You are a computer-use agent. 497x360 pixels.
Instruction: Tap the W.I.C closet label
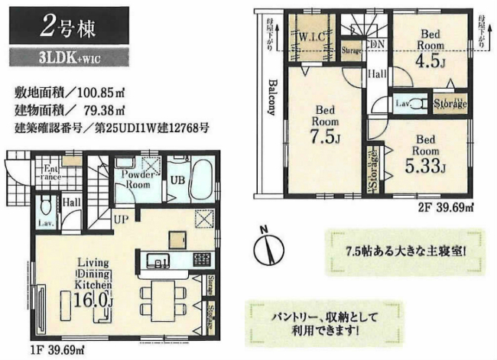coord(314,35)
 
